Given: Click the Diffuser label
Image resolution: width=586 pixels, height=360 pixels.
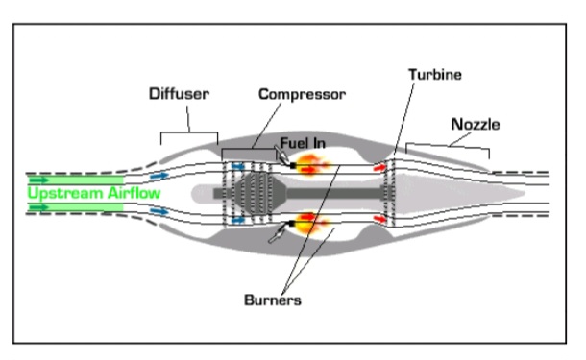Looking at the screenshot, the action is pos(179,94).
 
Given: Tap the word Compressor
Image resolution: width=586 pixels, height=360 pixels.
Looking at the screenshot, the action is pos(302,94).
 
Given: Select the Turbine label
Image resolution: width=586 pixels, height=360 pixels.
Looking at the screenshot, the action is pos(435,74).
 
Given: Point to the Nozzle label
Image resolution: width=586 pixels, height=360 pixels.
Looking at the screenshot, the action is pos(476,124).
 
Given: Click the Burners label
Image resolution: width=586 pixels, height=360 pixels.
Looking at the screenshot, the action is pos(273,300).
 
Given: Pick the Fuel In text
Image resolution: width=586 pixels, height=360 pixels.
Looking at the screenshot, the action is pos(303,143).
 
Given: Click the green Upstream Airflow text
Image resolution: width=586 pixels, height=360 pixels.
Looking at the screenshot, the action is pos(94,193).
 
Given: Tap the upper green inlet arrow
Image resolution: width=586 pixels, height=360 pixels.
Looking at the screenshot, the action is pos(39,180).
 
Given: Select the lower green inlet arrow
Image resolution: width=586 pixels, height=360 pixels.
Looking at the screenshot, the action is pos(39,207).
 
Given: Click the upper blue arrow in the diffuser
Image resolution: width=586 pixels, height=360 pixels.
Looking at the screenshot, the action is pos(159,175).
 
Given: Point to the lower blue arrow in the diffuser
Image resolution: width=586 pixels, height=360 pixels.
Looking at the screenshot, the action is pos(159,211).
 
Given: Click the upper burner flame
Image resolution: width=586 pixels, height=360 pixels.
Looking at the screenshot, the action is pos(311,165).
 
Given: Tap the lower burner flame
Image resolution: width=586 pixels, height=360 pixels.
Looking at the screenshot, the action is pos(311,222).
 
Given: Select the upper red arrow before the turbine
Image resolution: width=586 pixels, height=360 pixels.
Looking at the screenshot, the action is pos(379,168).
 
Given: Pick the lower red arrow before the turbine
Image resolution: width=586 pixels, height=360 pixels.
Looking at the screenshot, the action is pos(379,219).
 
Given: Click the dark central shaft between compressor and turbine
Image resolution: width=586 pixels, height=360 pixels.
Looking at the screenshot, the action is pos(333,194).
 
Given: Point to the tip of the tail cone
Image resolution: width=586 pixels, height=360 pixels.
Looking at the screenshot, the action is pos(525,193).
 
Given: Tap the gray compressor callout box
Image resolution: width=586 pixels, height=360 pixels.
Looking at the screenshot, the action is pos(249,155).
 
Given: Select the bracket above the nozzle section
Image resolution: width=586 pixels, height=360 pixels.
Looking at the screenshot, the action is pos(448,148).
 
